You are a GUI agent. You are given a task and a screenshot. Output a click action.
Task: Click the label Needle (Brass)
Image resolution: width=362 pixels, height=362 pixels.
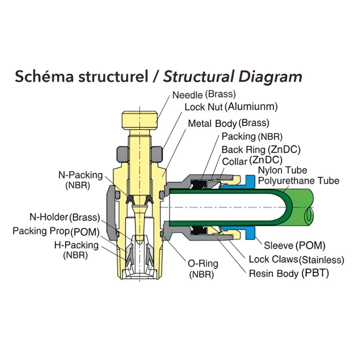pyautogui.click(x=204, y=94)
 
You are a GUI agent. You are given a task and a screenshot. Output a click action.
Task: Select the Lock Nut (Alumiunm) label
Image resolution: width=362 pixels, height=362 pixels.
pyautogui.click(x=231, y=107)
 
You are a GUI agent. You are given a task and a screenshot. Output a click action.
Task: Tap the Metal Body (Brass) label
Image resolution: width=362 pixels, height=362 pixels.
pyautogui.click(x=228, y=123)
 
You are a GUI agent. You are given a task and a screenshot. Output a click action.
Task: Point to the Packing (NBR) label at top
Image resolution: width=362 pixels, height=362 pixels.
pyautogui.click(x=252, y=136)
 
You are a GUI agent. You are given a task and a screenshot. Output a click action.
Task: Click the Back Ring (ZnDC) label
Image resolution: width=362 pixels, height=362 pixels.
pyautogui.click(x=261, y=150)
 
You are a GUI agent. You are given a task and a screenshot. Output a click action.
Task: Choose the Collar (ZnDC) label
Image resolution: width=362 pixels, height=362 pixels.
pyautogui.click(x=252, y=161)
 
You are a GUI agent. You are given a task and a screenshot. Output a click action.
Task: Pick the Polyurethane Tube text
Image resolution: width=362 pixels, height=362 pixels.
pyautogui.click(x=299, y=181)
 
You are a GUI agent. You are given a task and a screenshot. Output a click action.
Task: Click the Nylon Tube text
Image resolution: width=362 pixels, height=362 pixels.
pyautogui.click(x=282, y=171)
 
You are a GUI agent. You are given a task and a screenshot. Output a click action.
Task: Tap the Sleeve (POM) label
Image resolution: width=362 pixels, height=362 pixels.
pyautogui.click(x=295, y=245)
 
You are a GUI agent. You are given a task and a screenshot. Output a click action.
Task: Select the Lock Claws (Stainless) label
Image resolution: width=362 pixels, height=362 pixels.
pyautogui.click(x=296, y=260)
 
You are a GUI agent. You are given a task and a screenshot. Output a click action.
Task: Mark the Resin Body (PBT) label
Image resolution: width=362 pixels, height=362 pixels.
pyautogui.click(x=289, y=274)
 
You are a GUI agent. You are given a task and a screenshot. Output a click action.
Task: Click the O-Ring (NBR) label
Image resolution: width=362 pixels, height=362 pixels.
pyautogui.click(x=203, y=269)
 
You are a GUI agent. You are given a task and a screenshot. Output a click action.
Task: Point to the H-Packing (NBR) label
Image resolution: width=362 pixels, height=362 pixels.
pyautogui.click(x=76, y=250)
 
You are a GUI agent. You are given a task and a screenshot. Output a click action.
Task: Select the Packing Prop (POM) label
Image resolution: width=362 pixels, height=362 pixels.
pyautogui.click(x=56, y=231)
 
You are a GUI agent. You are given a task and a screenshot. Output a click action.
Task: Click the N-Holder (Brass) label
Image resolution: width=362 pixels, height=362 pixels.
pyautogui.click(x=65, y=217)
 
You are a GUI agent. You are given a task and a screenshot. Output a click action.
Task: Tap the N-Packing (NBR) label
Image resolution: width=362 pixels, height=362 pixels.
pyautogui.click(x=80, y=180)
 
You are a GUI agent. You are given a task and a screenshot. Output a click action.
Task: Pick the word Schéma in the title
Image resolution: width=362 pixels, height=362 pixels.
pyautogui.click(x=44, y=76)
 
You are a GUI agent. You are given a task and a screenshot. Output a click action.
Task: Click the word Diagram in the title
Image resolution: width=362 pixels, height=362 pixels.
pyautogui.click(x=270, y=77)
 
